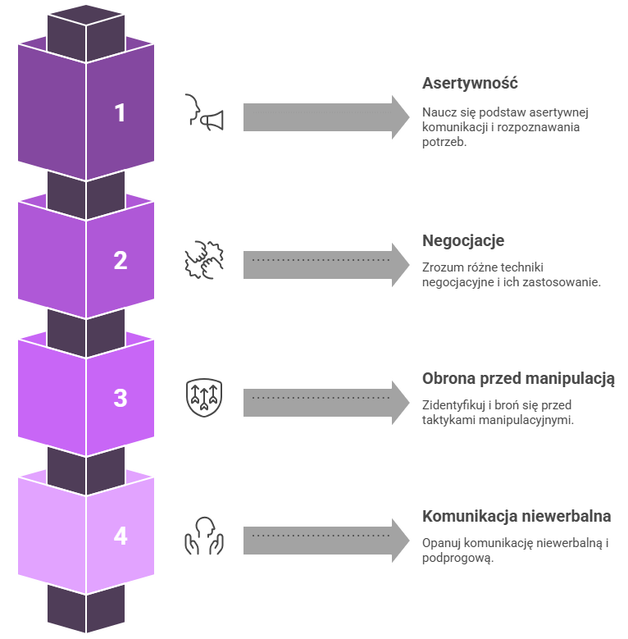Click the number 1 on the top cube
121,112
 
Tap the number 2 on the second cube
121,261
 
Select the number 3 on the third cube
121,399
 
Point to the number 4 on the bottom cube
121,536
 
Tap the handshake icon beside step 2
202,260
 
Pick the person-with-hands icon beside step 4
202,536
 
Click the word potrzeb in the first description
444,143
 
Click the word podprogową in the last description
457,558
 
